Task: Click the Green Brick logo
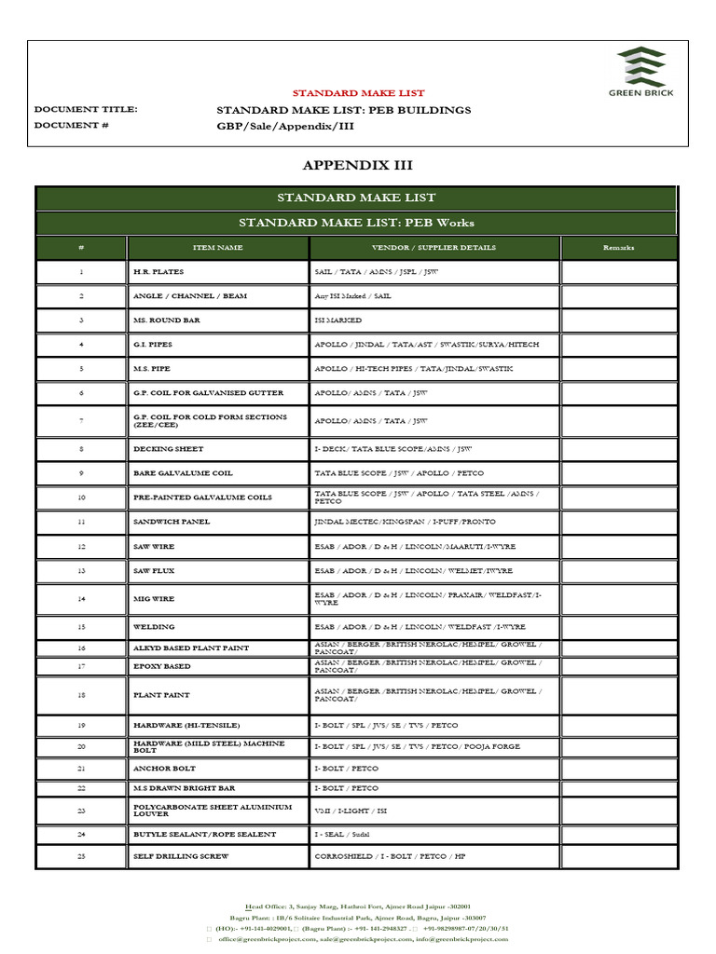click(640, 72)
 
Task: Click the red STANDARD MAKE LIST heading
click(358, 93)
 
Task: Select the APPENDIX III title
click(357, 165)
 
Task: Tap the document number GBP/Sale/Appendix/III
click(285, 125)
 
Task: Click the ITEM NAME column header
click(217, 248)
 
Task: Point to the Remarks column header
click(618, 248)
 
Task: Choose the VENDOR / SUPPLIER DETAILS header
click(434, 248)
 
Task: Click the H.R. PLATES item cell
click(158, 272)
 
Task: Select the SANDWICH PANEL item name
click(172, 522)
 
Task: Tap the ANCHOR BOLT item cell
click(165, 768)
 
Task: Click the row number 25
click(81, 856)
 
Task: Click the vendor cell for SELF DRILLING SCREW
click(390, 856)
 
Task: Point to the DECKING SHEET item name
click(169, 449)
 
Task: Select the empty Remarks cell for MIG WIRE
click(618, 599)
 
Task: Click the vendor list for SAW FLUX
click(413, 570)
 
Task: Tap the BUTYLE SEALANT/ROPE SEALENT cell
click(205, 835)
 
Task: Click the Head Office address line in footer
click(357, 906)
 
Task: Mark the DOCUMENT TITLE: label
click(85, 109)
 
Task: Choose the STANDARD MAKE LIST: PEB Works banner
click(356, 223)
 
